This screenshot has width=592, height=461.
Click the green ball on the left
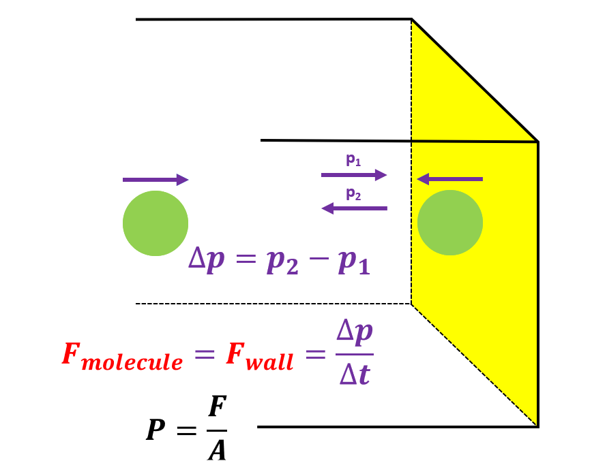point(156,223)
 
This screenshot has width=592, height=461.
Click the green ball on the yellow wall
point(450,223)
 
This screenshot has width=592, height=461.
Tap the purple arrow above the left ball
point(155,180)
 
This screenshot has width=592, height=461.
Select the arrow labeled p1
point(354,175)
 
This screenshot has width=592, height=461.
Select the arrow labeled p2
point(354,208)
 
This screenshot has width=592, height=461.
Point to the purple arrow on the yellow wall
point(449,179)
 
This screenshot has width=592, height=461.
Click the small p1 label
point(353,161)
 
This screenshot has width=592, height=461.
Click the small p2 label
point(353,194)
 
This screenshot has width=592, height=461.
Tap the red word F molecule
point(122,356)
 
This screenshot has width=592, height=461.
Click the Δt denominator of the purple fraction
point(355,375)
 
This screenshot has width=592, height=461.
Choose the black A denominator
point(216,449)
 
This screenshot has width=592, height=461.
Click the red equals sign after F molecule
point(202,355)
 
